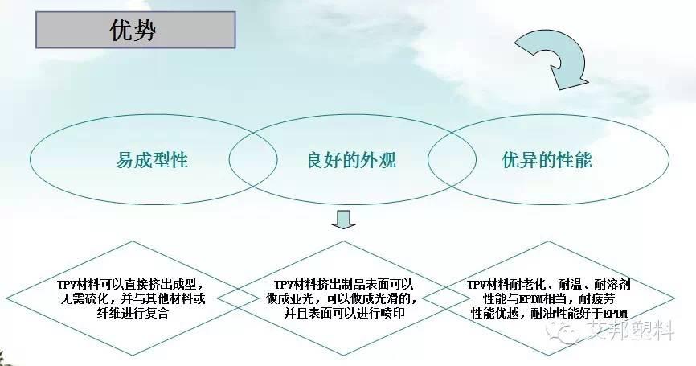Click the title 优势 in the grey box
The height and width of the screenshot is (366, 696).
point(132,31)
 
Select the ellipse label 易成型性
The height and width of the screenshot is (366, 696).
point(152,159)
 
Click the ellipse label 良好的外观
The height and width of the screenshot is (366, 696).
point(341,159)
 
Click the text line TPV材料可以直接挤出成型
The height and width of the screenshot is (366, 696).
point(129,285)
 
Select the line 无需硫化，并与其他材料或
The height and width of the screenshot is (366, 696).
point(129,299)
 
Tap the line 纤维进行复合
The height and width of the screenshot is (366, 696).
point(129,314)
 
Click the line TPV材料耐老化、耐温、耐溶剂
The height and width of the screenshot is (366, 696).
point(548,285)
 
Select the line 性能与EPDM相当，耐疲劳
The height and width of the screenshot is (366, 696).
point(548,299)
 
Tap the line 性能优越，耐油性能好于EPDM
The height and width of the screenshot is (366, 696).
point(548,314)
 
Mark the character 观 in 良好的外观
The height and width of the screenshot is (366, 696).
point(387,159)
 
